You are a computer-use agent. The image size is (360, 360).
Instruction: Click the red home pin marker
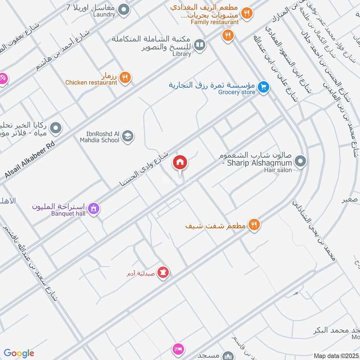180,163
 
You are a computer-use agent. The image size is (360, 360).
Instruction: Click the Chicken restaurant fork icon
125,77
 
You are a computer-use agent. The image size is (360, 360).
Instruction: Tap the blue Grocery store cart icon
264,87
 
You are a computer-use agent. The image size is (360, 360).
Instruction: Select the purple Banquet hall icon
94,208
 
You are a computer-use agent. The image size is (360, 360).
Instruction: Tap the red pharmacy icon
163,273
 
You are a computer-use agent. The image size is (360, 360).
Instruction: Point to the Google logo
19,353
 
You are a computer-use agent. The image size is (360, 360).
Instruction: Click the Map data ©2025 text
335,355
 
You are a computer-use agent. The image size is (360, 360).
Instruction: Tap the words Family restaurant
214,22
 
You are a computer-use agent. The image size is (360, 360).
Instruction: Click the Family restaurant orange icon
246,13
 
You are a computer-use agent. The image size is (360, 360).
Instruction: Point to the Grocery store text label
237,92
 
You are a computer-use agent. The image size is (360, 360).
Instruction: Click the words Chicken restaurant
91,82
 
